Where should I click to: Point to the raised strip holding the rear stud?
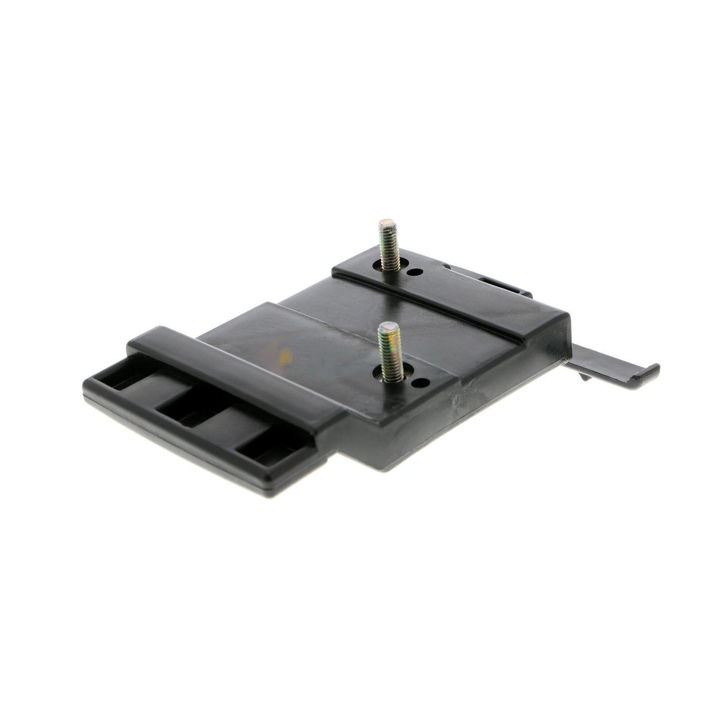pos(448,284)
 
